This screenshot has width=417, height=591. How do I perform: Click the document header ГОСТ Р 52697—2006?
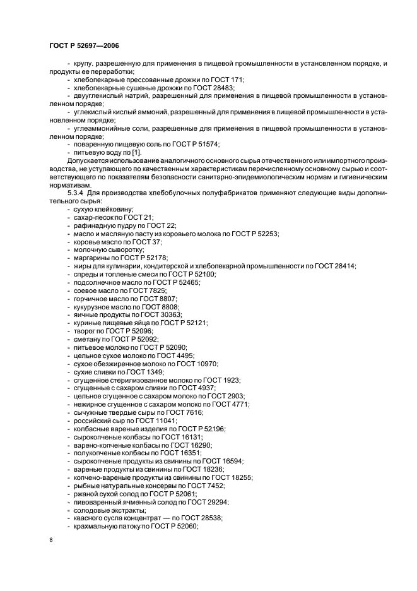point(83,45)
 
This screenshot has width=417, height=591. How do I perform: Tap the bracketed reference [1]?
point(136,153)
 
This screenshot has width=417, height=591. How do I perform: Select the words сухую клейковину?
point(104,209)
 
